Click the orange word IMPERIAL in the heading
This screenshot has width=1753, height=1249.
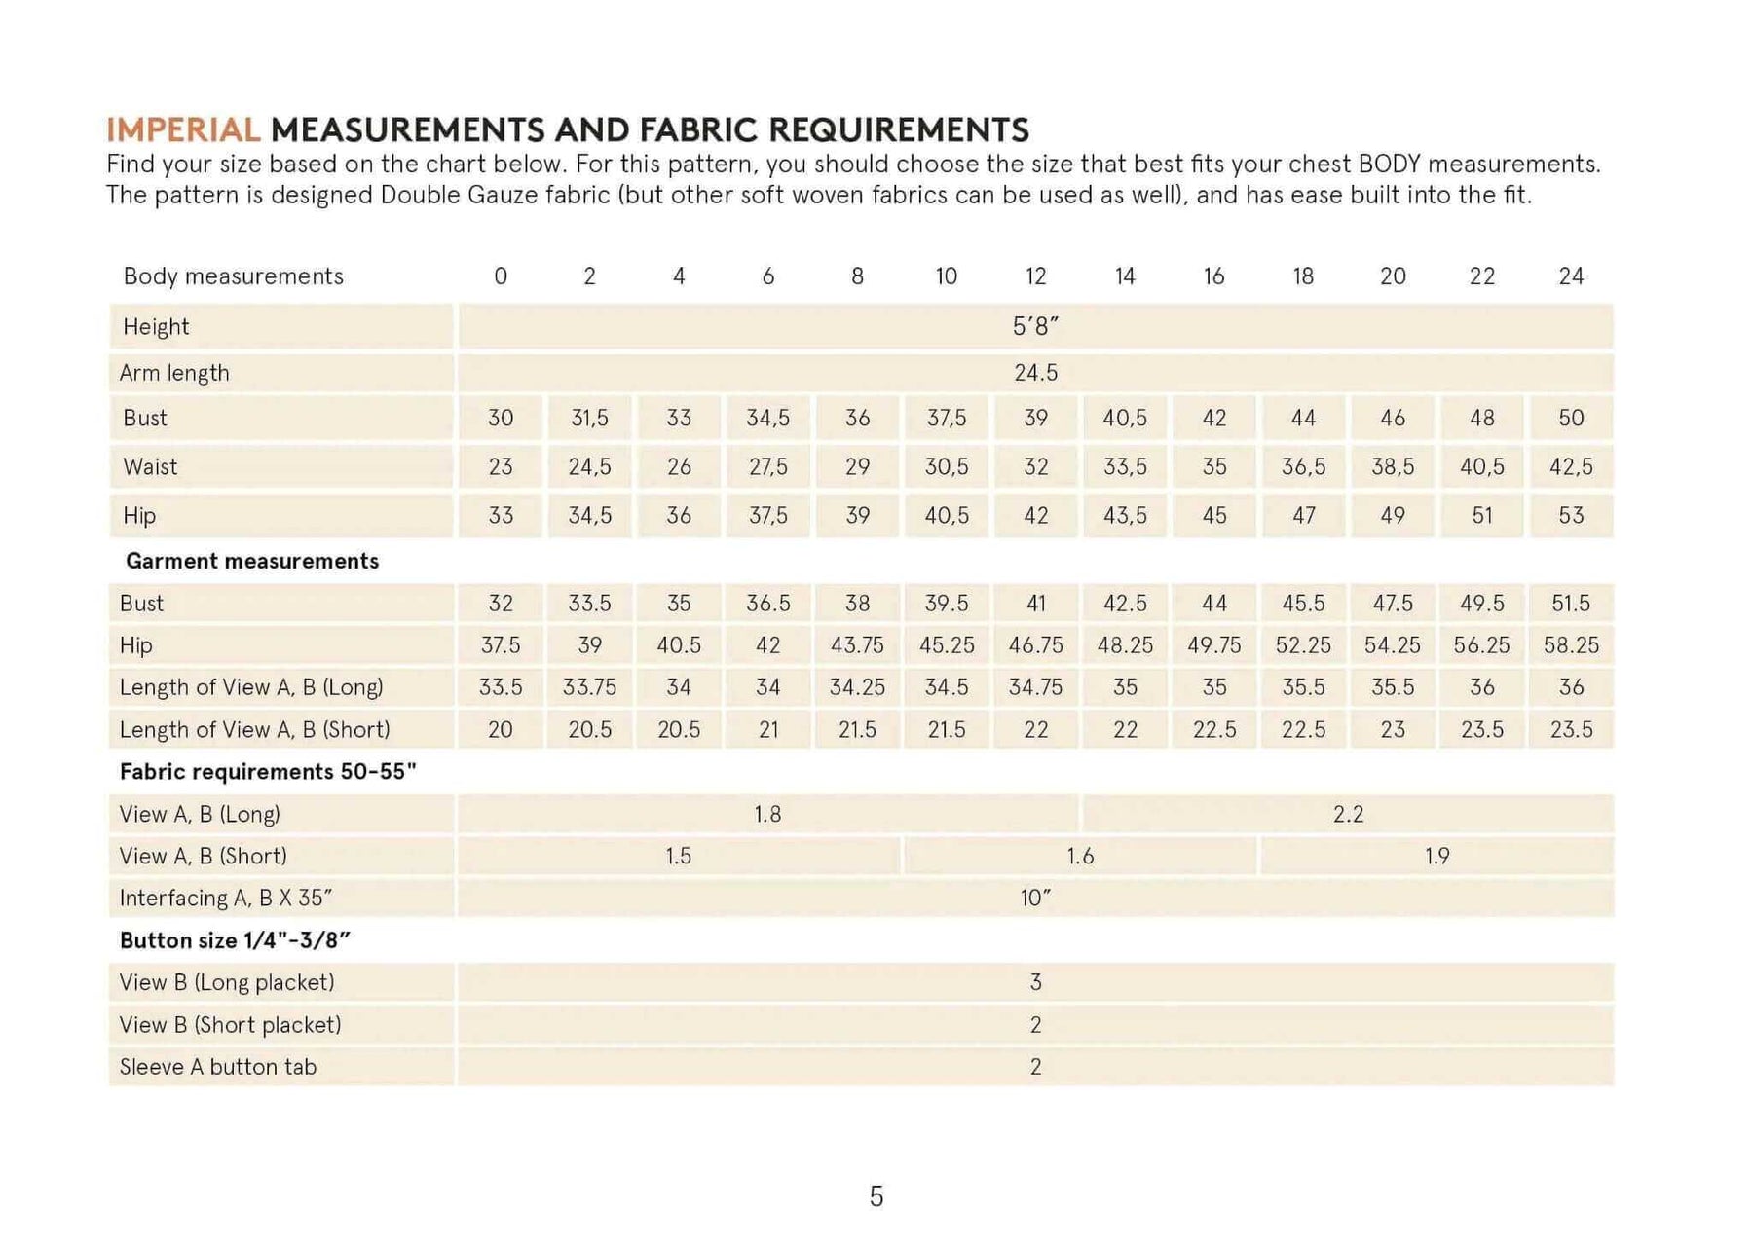coord(182,129)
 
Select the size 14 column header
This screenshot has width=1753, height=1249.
coord(1125,276)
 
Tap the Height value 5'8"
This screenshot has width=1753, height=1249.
coord(1035,327)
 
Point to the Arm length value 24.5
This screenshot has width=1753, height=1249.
coord(1035,373)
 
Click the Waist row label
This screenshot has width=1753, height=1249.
coord(150,467)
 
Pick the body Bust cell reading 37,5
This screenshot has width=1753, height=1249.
coord(947,419)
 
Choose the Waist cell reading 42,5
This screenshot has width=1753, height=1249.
coord(1571,467)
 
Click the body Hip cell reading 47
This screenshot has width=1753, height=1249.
coord(1303,516)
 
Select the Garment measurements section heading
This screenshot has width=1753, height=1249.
coord(251,561)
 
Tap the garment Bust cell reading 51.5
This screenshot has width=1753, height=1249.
coord(1571,604)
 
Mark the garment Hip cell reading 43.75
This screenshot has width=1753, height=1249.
coord(857,645)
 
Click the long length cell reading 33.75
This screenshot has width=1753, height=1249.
coord(589,687)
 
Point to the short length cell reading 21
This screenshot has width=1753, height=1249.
coord(768,730)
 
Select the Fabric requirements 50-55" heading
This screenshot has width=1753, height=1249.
coord(268,772)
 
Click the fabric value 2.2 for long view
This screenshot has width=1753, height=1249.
coord(1348,814)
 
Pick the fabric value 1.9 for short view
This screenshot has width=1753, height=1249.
coord(1436,857)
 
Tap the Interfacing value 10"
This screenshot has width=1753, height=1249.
coord(1035,899)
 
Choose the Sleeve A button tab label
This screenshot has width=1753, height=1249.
coord(217,1067)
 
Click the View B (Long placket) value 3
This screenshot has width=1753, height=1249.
coord(1035,983)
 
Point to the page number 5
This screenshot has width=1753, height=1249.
coord(876,1196)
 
